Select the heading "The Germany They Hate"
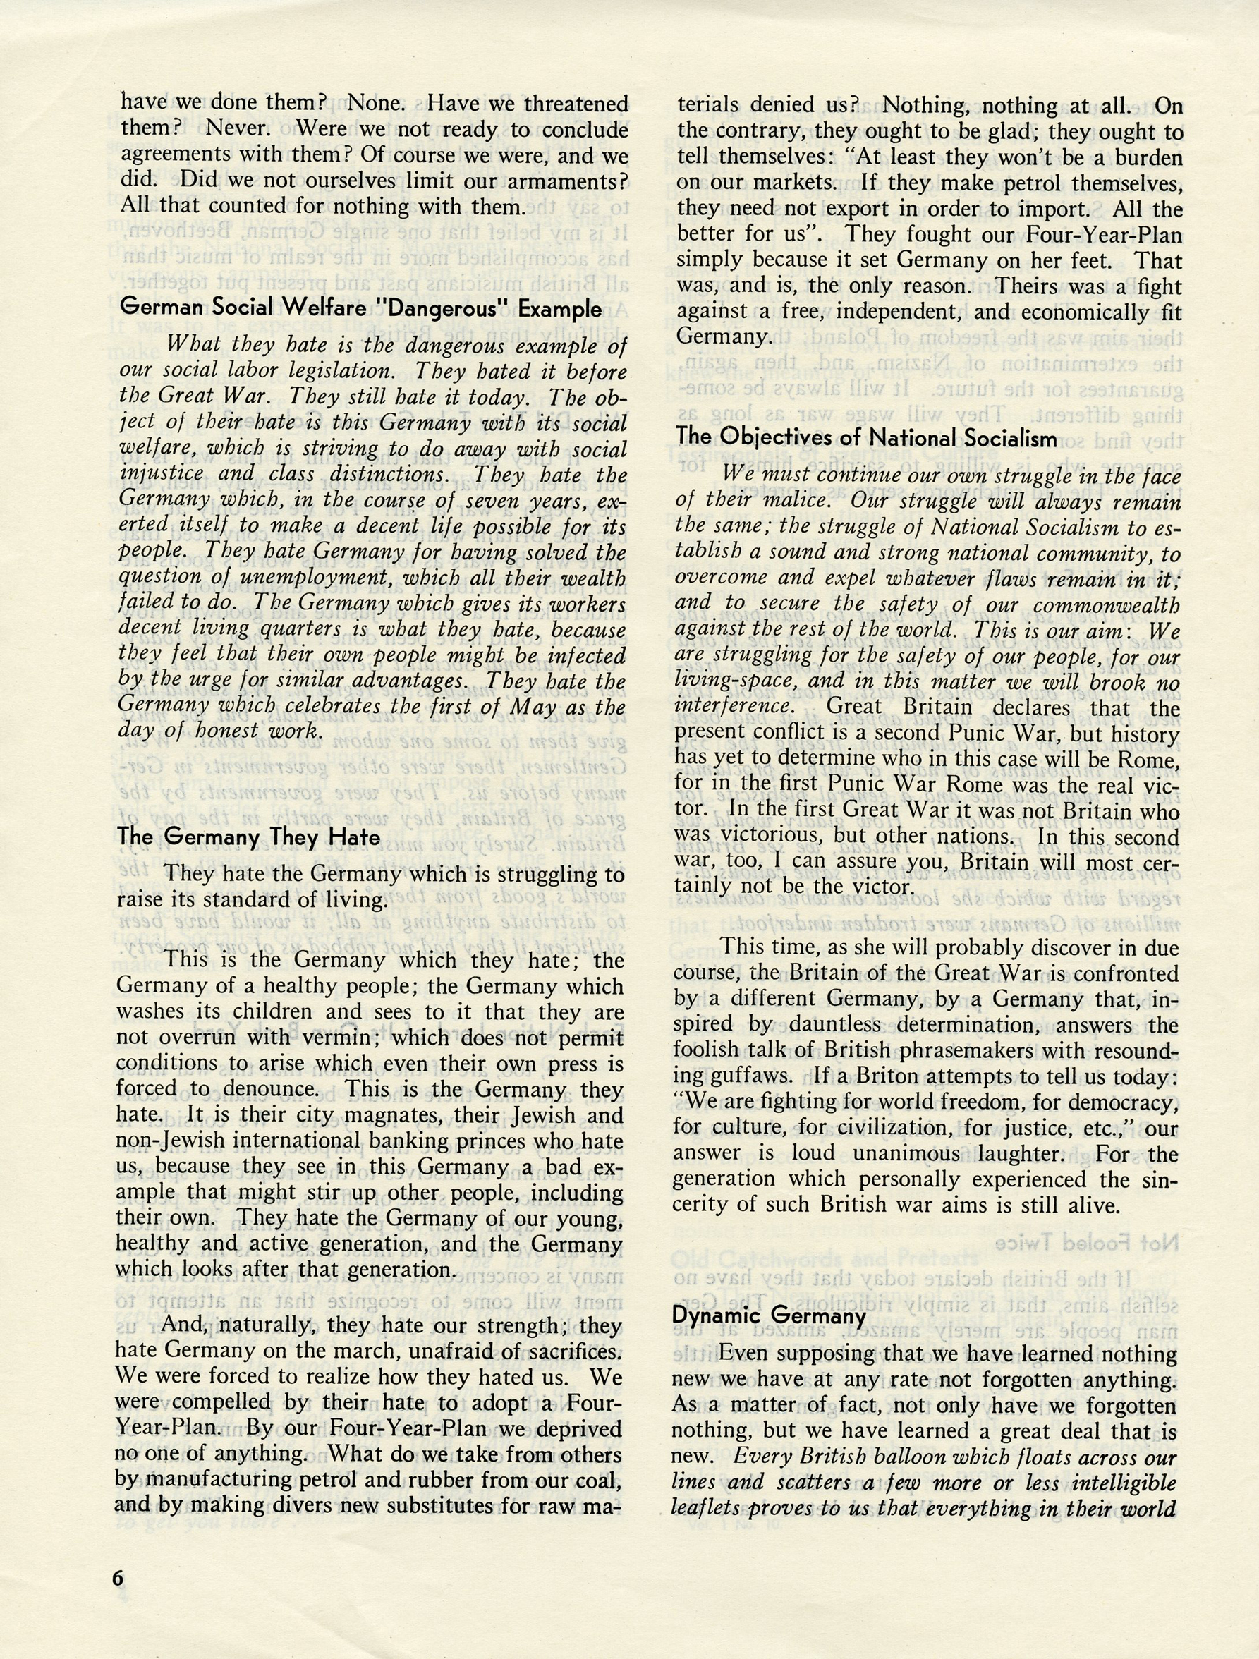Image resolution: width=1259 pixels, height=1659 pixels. click(249, 837)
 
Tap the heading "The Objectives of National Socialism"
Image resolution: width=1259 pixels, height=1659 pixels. click(867, 437)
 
